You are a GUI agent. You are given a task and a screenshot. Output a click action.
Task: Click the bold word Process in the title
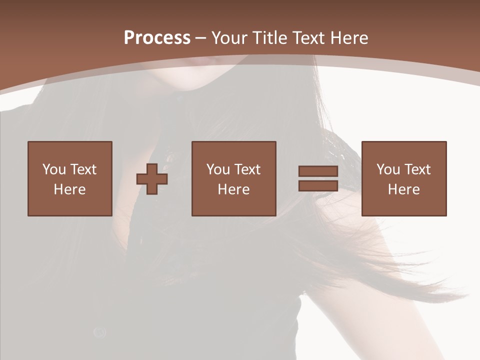(157, 38)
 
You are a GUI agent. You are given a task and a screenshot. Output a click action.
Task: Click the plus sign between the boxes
(152, 179)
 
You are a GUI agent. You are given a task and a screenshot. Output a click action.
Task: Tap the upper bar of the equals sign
(318, 171)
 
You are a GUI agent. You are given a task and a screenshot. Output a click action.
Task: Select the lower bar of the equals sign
(318, 185)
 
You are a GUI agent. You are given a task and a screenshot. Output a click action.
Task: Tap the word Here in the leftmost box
(69, 189)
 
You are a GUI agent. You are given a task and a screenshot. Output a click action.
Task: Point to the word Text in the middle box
(247, 169)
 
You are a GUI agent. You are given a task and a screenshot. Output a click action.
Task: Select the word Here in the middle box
(233, 189)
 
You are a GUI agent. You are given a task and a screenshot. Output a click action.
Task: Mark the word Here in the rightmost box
(403, 189)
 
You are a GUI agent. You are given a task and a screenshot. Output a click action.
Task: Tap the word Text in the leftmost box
(83, 169)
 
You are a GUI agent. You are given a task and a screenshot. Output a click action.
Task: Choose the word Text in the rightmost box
(417, 169)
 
